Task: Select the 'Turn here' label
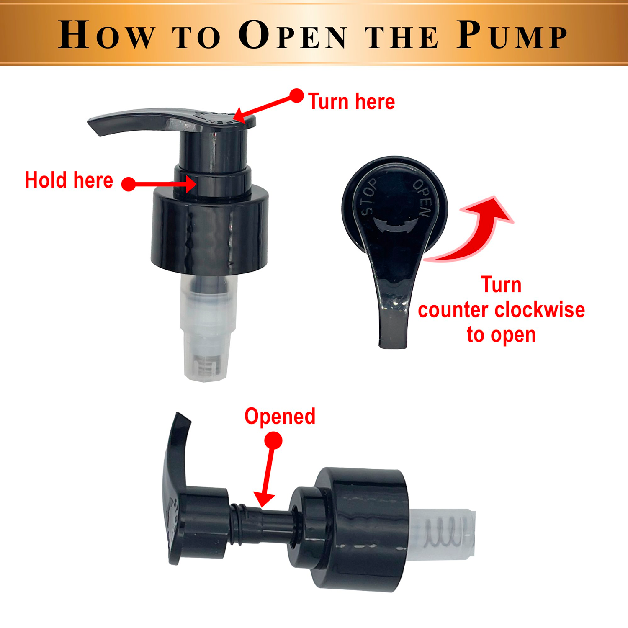pyautogui.click(x=351, y=102)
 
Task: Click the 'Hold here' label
pyautogui.click(x=69, y=180)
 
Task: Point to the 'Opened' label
pyautogui.click(x=280, y=417)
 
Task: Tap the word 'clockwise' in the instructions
pyautogui.click(x=540, y=310)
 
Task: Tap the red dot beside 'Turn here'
pyautogui.click(x=296, y=95)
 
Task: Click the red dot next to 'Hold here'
pyautogui.click(x=129, y=184)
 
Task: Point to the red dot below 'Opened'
pyautogui.click(x=273, y=440)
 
